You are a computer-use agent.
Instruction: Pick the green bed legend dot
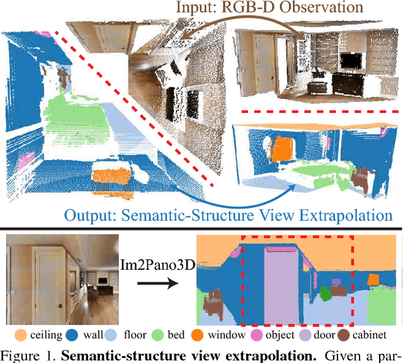point(158,335)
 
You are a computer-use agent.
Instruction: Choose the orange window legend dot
point(197,335)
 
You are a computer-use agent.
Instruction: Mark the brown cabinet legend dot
point(344,335)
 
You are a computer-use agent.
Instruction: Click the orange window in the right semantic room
point(280,147)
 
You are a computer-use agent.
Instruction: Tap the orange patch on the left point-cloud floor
point(110,173)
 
